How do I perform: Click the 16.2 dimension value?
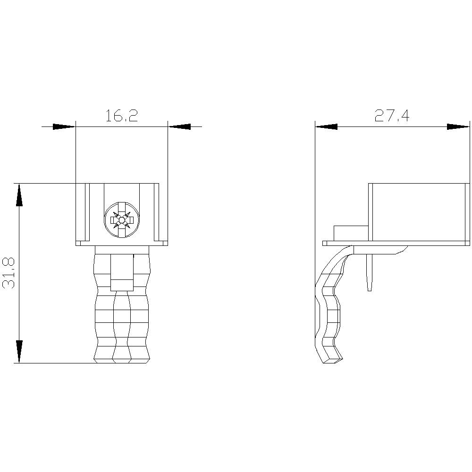(121, 116)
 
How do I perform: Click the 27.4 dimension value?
(392, 116)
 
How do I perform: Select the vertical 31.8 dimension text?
(9, 273)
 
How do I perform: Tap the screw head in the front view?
(122, 219)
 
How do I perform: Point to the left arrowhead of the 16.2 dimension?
(64, 126)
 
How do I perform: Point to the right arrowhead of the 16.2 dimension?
(179, 126)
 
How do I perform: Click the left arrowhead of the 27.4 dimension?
(327, 126)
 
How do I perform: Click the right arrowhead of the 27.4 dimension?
(458, 126)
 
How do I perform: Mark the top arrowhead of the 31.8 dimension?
(19, 194)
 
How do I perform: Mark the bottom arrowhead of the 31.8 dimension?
(19, 351)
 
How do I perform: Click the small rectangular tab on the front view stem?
(122, 285)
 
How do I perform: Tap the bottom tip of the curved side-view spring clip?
(332, 360)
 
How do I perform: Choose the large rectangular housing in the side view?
(418, 211)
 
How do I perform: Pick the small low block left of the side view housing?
(351, 233)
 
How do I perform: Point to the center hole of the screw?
(122, 219)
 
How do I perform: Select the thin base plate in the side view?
(396, 244)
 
